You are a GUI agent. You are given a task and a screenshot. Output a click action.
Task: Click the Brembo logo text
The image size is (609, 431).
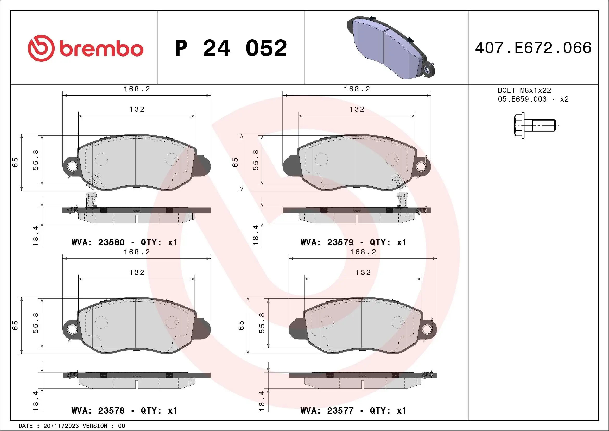pyautogui.click(x=101, y=49)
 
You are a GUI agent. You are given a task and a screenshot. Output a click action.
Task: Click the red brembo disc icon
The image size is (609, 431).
pyautogui.click(x=41, y=48)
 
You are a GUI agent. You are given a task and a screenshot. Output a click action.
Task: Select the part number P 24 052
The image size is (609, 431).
pyautogui.click(x=231, y=48)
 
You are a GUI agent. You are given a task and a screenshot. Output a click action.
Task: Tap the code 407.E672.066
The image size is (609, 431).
pyautogui.click(x=533, y=48)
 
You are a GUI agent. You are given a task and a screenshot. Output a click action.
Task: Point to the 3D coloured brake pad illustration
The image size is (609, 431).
pyautogui.click(x=390, y=48)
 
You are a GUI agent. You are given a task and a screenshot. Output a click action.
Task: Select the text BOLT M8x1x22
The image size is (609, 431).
pyautogui.click(x=524, y=90)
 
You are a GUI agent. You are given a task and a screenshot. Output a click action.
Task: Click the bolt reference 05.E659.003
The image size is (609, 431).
pyautogui.click(x=522, y=99)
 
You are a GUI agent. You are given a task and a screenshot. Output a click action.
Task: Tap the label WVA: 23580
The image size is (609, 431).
pyautogui.click(x=98, y=242)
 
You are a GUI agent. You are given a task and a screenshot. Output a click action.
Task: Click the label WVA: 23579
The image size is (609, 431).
pyautogui.click(x=327, y=242)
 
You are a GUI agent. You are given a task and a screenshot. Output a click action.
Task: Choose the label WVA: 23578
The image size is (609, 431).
pyautogui.click(x=98, y=411)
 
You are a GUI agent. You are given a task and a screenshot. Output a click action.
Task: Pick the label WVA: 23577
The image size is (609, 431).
pyautogui.click(x=327, y=411)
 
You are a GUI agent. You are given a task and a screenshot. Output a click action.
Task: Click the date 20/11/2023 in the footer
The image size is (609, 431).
pyautogui.click(x=61, y=426)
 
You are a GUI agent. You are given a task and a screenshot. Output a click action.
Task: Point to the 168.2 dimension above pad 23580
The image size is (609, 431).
pyautogui.click(x=137, y=89)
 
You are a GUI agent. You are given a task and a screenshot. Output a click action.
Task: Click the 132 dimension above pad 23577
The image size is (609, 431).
pyautogui.click(x=363, y=273)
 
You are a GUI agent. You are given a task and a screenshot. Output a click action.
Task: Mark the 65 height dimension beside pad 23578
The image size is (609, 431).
pyautogui.click(x=15, y=325)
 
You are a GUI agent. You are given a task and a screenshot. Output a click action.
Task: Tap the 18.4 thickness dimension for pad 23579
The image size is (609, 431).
pyautogui.click(x=255, y=235)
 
